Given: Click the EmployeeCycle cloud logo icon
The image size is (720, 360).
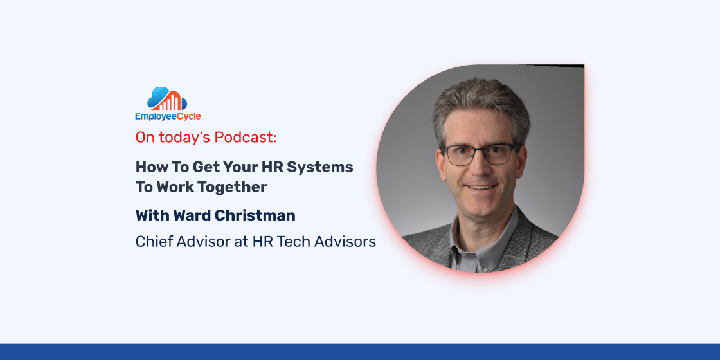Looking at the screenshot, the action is click(167, 99).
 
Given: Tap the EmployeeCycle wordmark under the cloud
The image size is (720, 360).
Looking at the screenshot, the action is click(168, 116).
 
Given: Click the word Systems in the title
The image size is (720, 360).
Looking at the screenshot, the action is click(320, 168).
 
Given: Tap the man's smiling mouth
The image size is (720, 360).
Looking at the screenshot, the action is click(480, 187).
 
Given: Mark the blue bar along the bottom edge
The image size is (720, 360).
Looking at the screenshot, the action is click(360, 352).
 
